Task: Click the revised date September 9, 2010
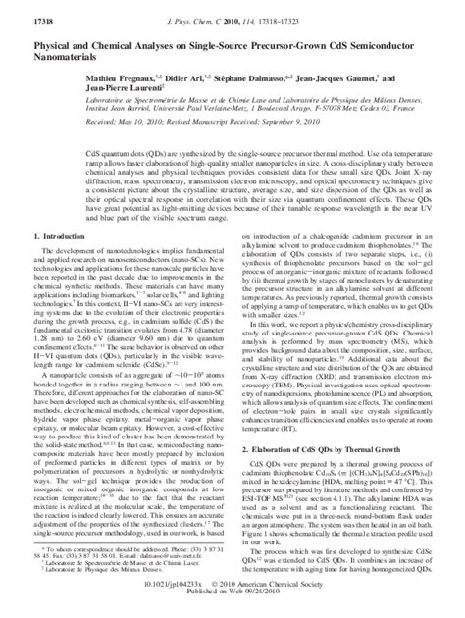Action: tap(275, 125)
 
